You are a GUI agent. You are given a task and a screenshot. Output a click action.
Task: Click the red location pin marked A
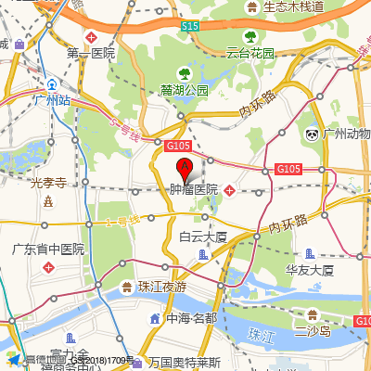point(184,170)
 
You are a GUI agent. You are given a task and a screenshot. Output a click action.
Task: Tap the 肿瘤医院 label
point(193,189)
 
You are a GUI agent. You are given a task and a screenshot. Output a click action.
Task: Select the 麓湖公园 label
point(184,91)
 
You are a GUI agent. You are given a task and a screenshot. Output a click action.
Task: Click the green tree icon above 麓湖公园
point(184,73)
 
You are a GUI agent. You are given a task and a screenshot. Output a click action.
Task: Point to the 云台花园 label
point(250,53)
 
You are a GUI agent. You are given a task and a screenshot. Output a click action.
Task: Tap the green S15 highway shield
point(190,27)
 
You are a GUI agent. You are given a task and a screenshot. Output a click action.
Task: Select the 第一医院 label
point(90,54)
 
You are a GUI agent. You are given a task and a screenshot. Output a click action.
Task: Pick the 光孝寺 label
point(47,183)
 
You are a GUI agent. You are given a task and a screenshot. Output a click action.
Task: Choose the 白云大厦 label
point(203,237)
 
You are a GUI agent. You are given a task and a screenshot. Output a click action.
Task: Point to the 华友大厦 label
point(309,270)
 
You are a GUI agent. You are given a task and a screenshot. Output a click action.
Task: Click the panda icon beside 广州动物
point(313,135)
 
